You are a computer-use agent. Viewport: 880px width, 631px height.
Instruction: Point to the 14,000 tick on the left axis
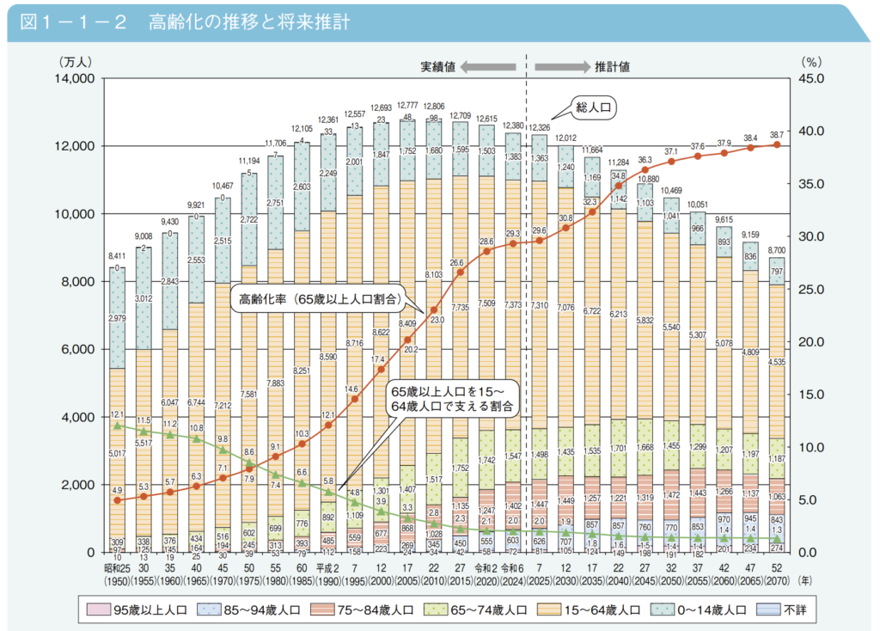pyautogui.click(x=75, y=79)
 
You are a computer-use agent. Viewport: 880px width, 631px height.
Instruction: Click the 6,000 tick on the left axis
pyautogui.click(x=79, y=350)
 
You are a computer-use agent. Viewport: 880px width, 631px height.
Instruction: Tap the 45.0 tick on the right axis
pyautogui.click(x=812, y=79)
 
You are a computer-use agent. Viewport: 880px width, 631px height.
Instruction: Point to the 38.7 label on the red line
pyautogui.click(x=777, y=136)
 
